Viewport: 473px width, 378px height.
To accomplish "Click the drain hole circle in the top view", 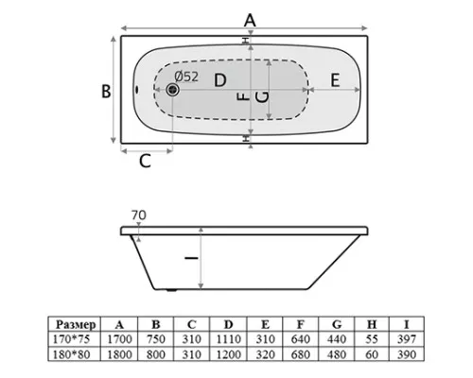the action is pos(172,90).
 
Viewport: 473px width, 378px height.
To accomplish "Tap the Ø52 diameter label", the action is pos(186,77).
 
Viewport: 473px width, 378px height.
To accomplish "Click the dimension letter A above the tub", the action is pos(250,21).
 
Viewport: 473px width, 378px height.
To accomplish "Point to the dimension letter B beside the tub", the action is pos(106,91).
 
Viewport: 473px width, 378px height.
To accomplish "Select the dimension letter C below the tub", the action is pos(145,161).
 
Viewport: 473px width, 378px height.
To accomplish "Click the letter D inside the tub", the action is pos(220,80).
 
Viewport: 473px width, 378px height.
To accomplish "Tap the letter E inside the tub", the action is pos(335,80).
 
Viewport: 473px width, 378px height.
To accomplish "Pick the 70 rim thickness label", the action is pos(139,215).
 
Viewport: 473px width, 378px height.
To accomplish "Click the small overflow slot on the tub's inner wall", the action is pos(137,90).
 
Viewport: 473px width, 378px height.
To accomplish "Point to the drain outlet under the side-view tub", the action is pos(171,290).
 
